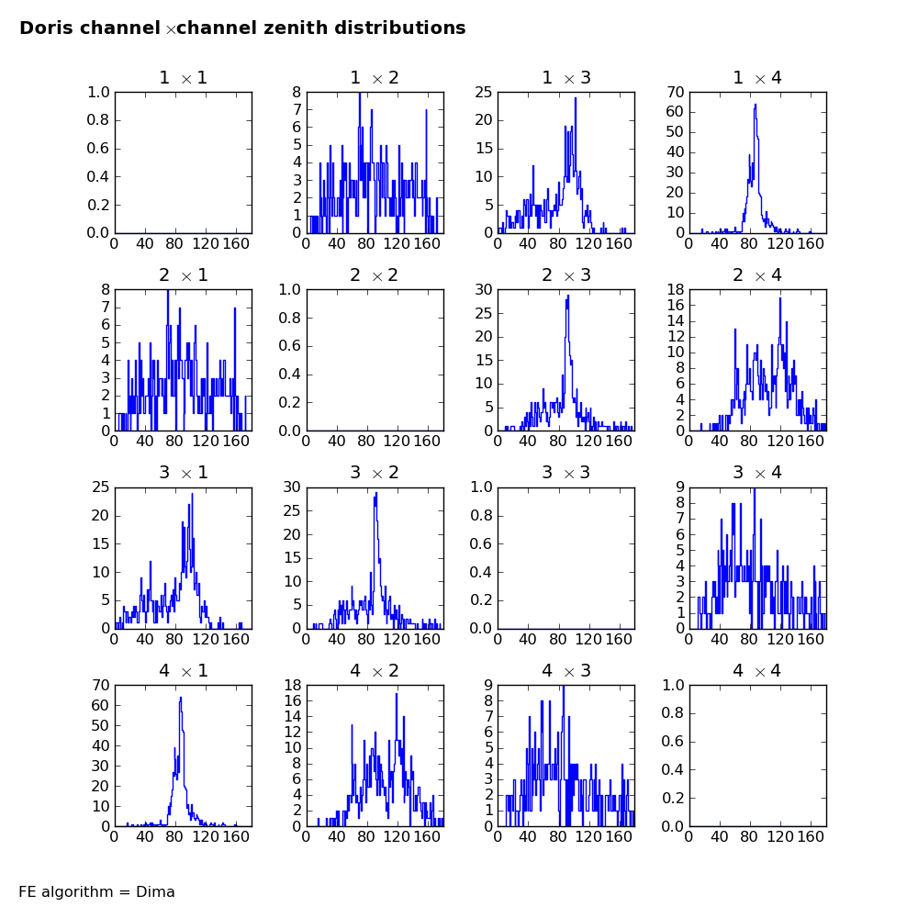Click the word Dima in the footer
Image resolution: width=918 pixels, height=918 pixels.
click(x=155, y=891)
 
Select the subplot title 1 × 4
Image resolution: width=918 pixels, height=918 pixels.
click(x=757, y=77)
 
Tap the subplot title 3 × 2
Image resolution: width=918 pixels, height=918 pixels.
click(x=375, y=472)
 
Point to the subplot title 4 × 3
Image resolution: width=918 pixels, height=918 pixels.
click(x=566, y=670)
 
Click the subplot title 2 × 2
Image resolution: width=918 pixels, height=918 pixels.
click(x=375, y=274)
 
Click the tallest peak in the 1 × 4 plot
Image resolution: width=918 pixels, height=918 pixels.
click(x=756, y=105)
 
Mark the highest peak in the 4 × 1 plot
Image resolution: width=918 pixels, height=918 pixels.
click(x=181, y=698)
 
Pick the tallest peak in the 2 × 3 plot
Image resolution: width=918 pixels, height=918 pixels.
click(x=568, y=296)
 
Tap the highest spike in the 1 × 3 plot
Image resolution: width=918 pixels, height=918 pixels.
click(x=576, y=98)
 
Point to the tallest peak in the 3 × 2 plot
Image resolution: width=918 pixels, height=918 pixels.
click(x=375, y=493)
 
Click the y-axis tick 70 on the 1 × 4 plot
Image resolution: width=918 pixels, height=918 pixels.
click(x=676, y=92)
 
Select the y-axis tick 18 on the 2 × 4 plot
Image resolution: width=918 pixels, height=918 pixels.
click(x=676, y=289)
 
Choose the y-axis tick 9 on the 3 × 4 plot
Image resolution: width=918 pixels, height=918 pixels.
click(x=680, y=487)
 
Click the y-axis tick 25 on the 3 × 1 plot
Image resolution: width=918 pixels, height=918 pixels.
click(x=101, y=487)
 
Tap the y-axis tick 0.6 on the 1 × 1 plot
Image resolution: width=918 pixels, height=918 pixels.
click(x=98, y=148)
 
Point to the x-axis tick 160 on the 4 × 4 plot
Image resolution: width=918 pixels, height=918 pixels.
click(x=811, y=836)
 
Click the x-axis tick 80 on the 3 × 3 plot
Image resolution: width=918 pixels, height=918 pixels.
click(x=558, y=639)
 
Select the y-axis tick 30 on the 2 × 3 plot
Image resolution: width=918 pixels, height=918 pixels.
click(x=484, y=289)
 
